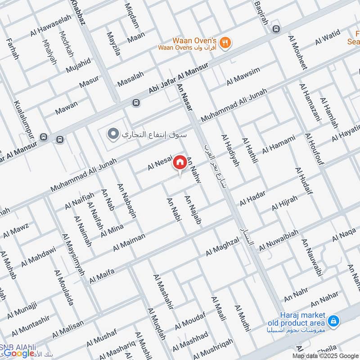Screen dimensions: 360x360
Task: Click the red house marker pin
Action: [x=180, y=162]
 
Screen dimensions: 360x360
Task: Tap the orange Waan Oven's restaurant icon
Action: [x=227, y=42]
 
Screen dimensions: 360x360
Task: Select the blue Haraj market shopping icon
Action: [x=333, y=320]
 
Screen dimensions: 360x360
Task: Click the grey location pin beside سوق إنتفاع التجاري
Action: [x=113, y=134]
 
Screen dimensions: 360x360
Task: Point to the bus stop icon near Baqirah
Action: [x=276, y=29]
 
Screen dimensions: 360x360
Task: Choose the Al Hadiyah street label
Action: [x=229, y=150]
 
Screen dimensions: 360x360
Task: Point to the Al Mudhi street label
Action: [x=242, y=318]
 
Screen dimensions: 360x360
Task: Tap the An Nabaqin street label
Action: [x=127, y=201]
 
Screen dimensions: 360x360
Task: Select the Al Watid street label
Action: [x=327, y=37]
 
